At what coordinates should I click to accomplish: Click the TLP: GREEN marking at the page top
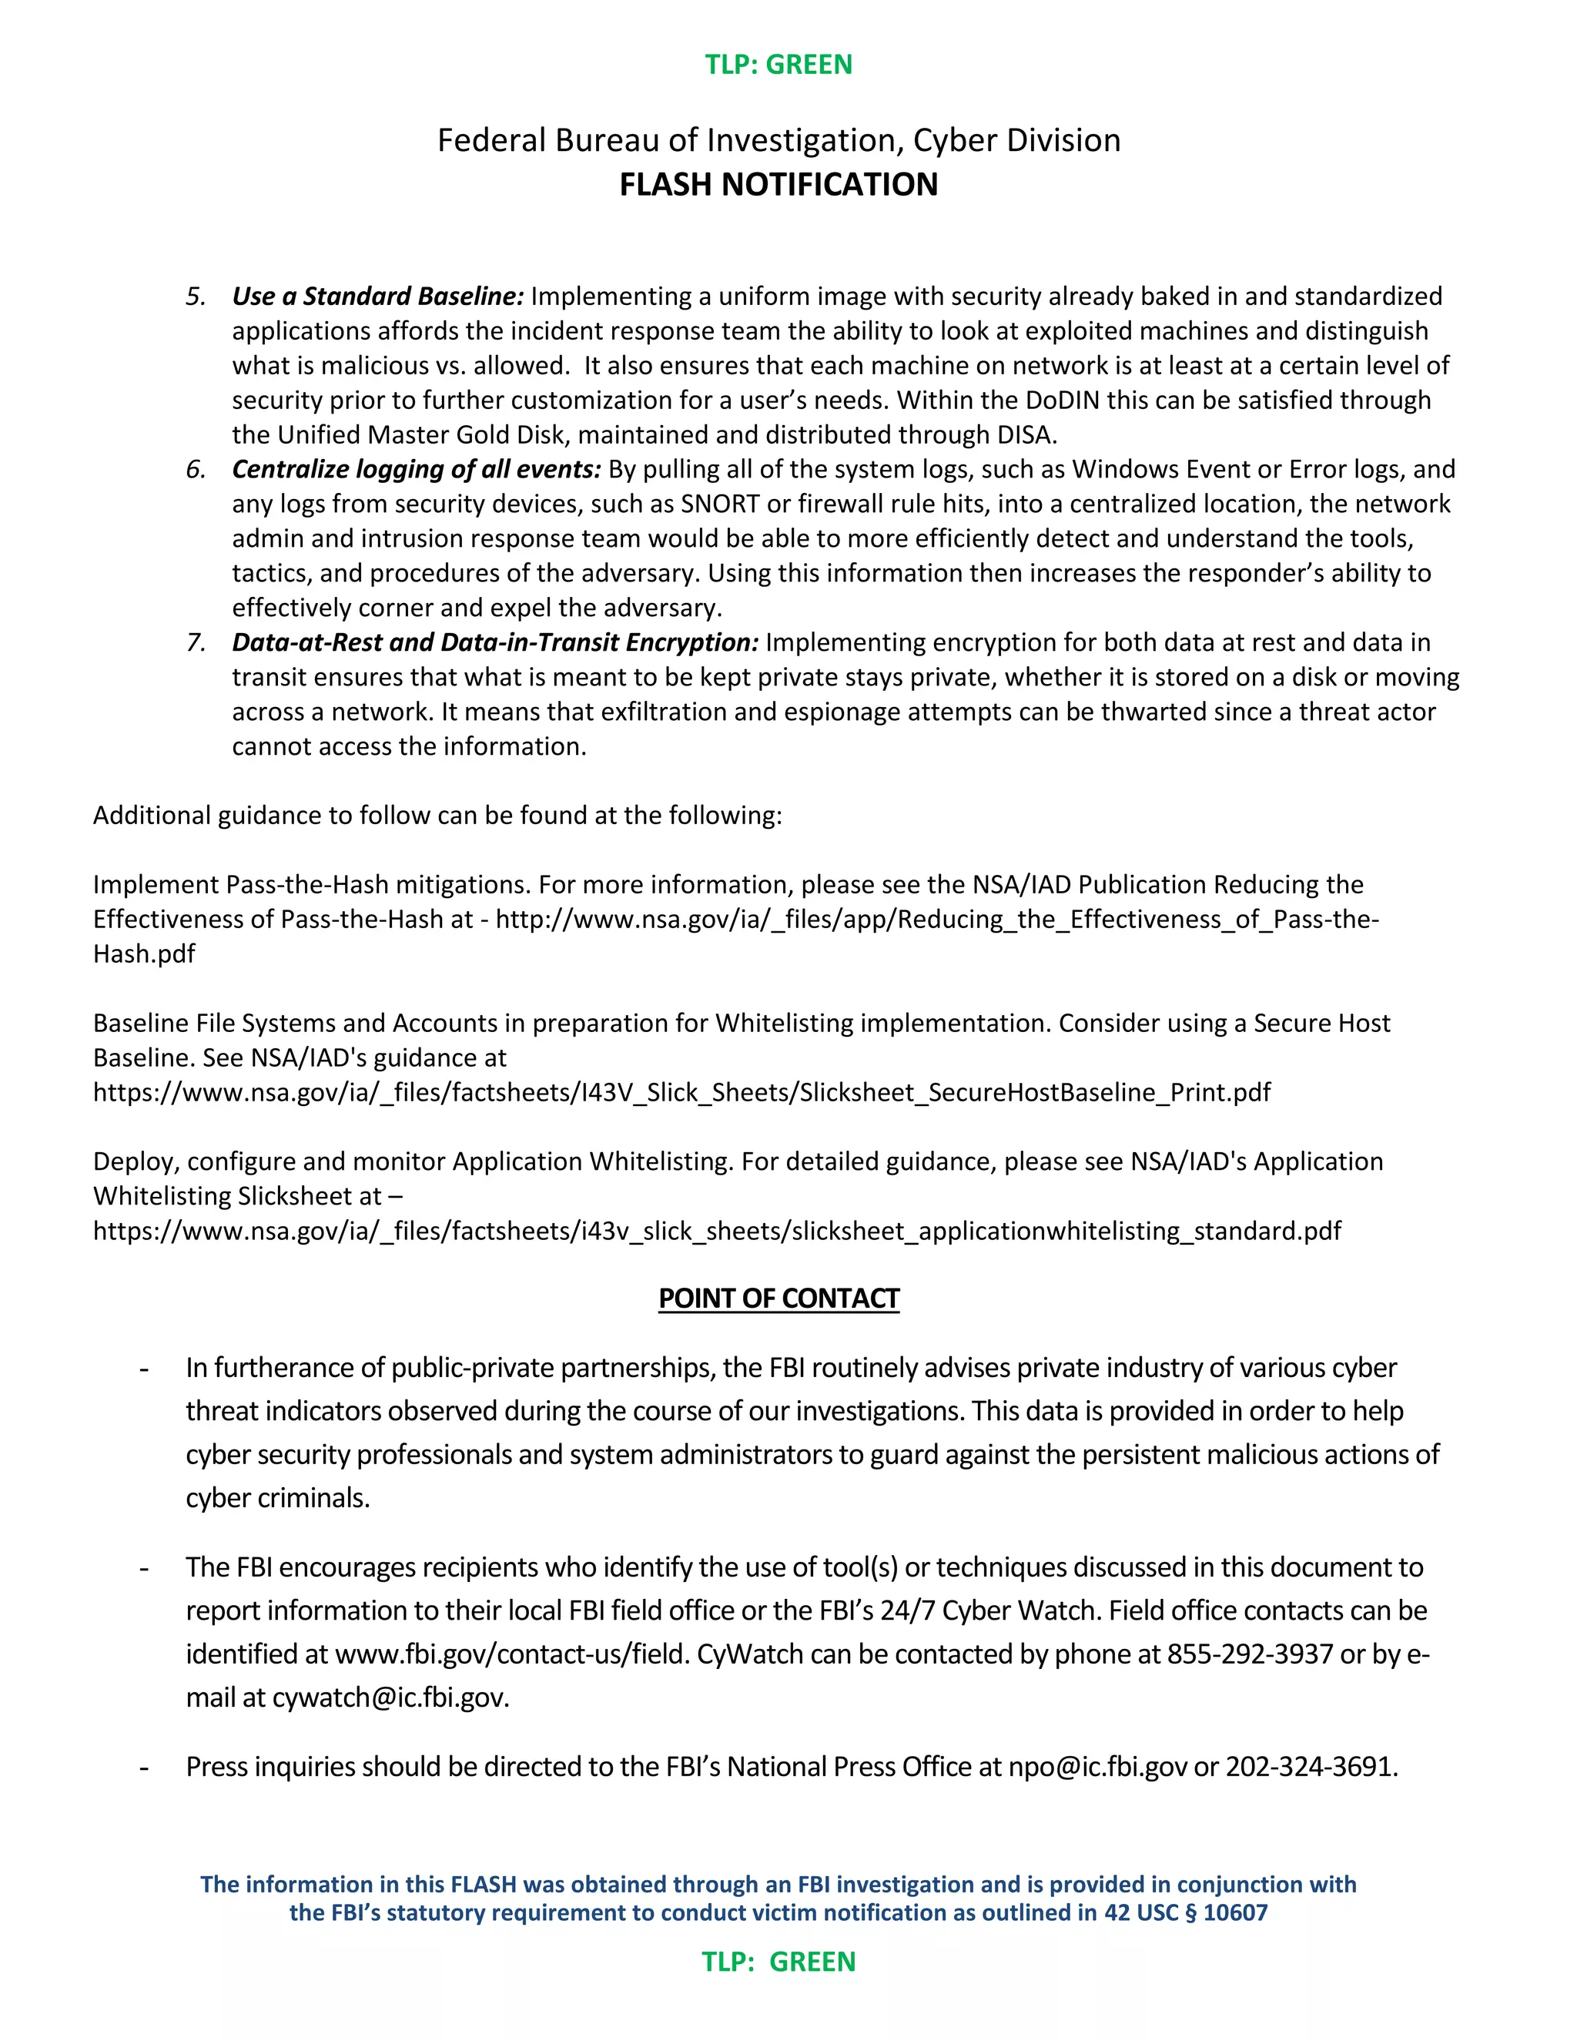(778, 65)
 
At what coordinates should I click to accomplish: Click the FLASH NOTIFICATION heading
(778, 184)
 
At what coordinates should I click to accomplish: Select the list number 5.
(196, 297)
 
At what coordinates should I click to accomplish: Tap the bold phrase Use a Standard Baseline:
(377, 297)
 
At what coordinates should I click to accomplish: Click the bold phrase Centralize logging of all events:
(417, 469)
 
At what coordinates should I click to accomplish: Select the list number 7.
(196, 642)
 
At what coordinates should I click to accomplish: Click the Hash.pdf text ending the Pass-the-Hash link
(144, 954)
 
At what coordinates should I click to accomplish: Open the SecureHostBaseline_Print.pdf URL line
(682, 1092)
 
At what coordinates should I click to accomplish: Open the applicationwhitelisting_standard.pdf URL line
(717, 1231)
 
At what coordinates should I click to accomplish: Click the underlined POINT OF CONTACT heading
(778, 1299)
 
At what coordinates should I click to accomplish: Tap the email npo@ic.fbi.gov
(1097, 1766)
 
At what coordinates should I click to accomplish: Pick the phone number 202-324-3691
(1309, 1766)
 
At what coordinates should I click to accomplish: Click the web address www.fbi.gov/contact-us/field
(512, 1654)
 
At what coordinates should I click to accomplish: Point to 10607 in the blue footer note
(1235, 1912)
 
